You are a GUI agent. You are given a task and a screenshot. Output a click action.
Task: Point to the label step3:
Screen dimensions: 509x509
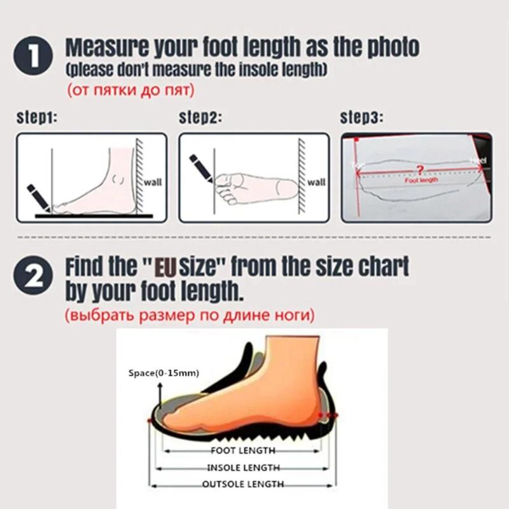pyautogui.click(x=363, y=118)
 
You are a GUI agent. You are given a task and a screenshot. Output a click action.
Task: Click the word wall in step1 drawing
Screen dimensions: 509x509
pyautogui.click(x=153, y=182)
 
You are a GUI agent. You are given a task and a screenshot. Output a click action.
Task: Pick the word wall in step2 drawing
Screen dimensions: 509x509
pyautogui.click(x=316, y=182)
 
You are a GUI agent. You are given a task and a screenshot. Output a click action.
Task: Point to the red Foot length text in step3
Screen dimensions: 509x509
pyautogui.click(x=421, y=180)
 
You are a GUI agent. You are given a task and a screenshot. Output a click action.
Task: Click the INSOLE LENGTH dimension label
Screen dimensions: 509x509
pyautogui.click(x=242, y=468)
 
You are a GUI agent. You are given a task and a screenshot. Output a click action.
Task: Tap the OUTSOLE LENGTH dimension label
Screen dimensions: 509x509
pyautogui.click(x=242, y=484)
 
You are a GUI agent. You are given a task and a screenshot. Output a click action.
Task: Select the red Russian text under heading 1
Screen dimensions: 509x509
pyautogui.click(x=130, y=90)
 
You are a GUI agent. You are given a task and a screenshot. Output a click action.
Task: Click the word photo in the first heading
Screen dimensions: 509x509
pyautogui.click(x=388, y=46)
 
